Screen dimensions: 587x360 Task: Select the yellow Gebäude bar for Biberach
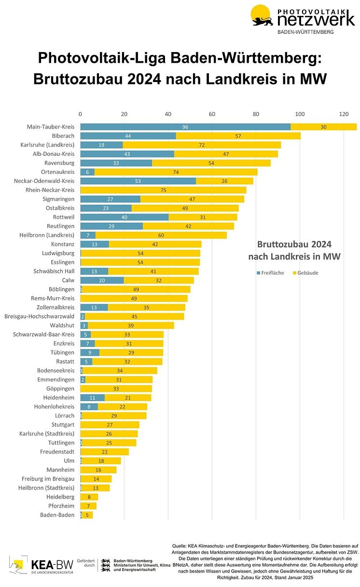pos(238,136)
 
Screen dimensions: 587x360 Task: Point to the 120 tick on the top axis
pos(344,114)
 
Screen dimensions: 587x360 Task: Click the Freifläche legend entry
pos(270,273)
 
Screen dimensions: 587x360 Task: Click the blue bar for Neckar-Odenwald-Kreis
pos(138,181)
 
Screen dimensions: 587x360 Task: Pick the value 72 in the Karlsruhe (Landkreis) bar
pos(202,145)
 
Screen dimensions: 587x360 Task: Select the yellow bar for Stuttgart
pos(110,425)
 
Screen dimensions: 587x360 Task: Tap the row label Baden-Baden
pos(57,515)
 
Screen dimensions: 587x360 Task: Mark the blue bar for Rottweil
pos(125,217)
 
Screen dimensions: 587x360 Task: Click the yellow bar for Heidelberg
pos(89,497)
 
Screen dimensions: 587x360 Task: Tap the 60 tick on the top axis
pos(212,114)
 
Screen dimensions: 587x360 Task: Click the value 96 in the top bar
pos(185,127)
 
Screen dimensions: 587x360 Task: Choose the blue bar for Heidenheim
pos(92,398)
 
